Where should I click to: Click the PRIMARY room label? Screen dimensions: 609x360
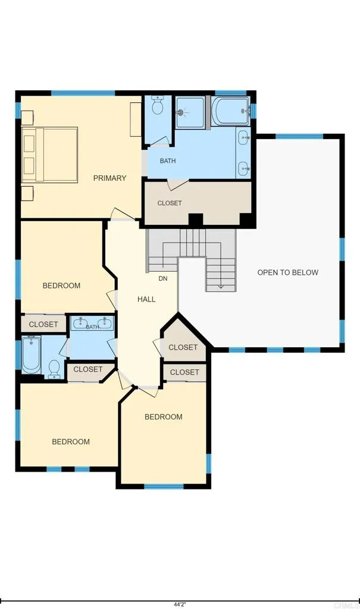click(x=109, y=178)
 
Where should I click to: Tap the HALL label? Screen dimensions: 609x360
click(x=146, y=299)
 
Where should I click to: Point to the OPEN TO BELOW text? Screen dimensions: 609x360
click(x=287, y=272)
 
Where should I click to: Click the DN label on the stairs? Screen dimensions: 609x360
click(x=163, y=278)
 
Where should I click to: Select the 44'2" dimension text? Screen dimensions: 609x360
click(x=180, y=604)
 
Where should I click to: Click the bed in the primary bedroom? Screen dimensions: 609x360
click(x=50, y=155)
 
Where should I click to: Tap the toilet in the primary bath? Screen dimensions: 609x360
click(x=158, y=106)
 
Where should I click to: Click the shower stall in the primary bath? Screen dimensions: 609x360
click(x=189, y=111)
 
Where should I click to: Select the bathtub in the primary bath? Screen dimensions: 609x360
click(x=229, y=111)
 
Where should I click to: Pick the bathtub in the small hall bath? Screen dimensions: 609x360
click(x=32, y=355)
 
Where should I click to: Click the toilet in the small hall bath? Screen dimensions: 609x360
click(x=55, y=369)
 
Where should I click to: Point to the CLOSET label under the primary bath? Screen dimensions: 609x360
click(x=170, y=203)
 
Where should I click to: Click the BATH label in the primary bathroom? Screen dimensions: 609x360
click(x=168, y=161)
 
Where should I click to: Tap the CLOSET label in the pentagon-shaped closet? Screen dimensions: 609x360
click(x=183, y=347)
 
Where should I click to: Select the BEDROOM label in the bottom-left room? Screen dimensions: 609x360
click(x=71, y=441)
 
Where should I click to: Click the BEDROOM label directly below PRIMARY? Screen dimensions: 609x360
click(x=61, y=285)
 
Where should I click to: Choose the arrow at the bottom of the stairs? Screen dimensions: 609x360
click(x=221, y=285)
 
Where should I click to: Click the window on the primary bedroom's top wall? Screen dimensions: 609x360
click(x=83, y=93)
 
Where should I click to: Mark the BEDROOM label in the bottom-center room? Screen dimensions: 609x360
click(x=164, y=417)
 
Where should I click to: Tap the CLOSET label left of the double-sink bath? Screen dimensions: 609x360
click(x=43, y=324)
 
